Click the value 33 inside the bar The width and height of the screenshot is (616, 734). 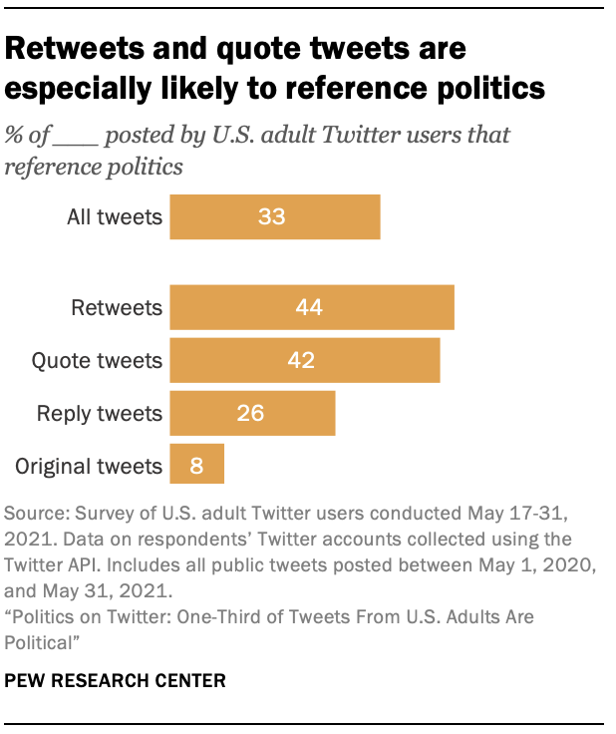pos(271,216)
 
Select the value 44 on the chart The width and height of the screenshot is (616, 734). pos(309,307)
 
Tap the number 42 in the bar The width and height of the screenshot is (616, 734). pos(301,360)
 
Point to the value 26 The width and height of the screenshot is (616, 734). pos(250,413)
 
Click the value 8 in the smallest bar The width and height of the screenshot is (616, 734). pos(195,465)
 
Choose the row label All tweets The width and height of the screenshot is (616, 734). pos(113,216)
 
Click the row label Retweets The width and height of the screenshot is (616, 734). pos(117,307)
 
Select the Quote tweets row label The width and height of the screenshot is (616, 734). pos(98,360)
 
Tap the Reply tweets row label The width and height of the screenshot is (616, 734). pos(99,413)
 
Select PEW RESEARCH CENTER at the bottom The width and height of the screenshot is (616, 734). pos(115,681)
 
